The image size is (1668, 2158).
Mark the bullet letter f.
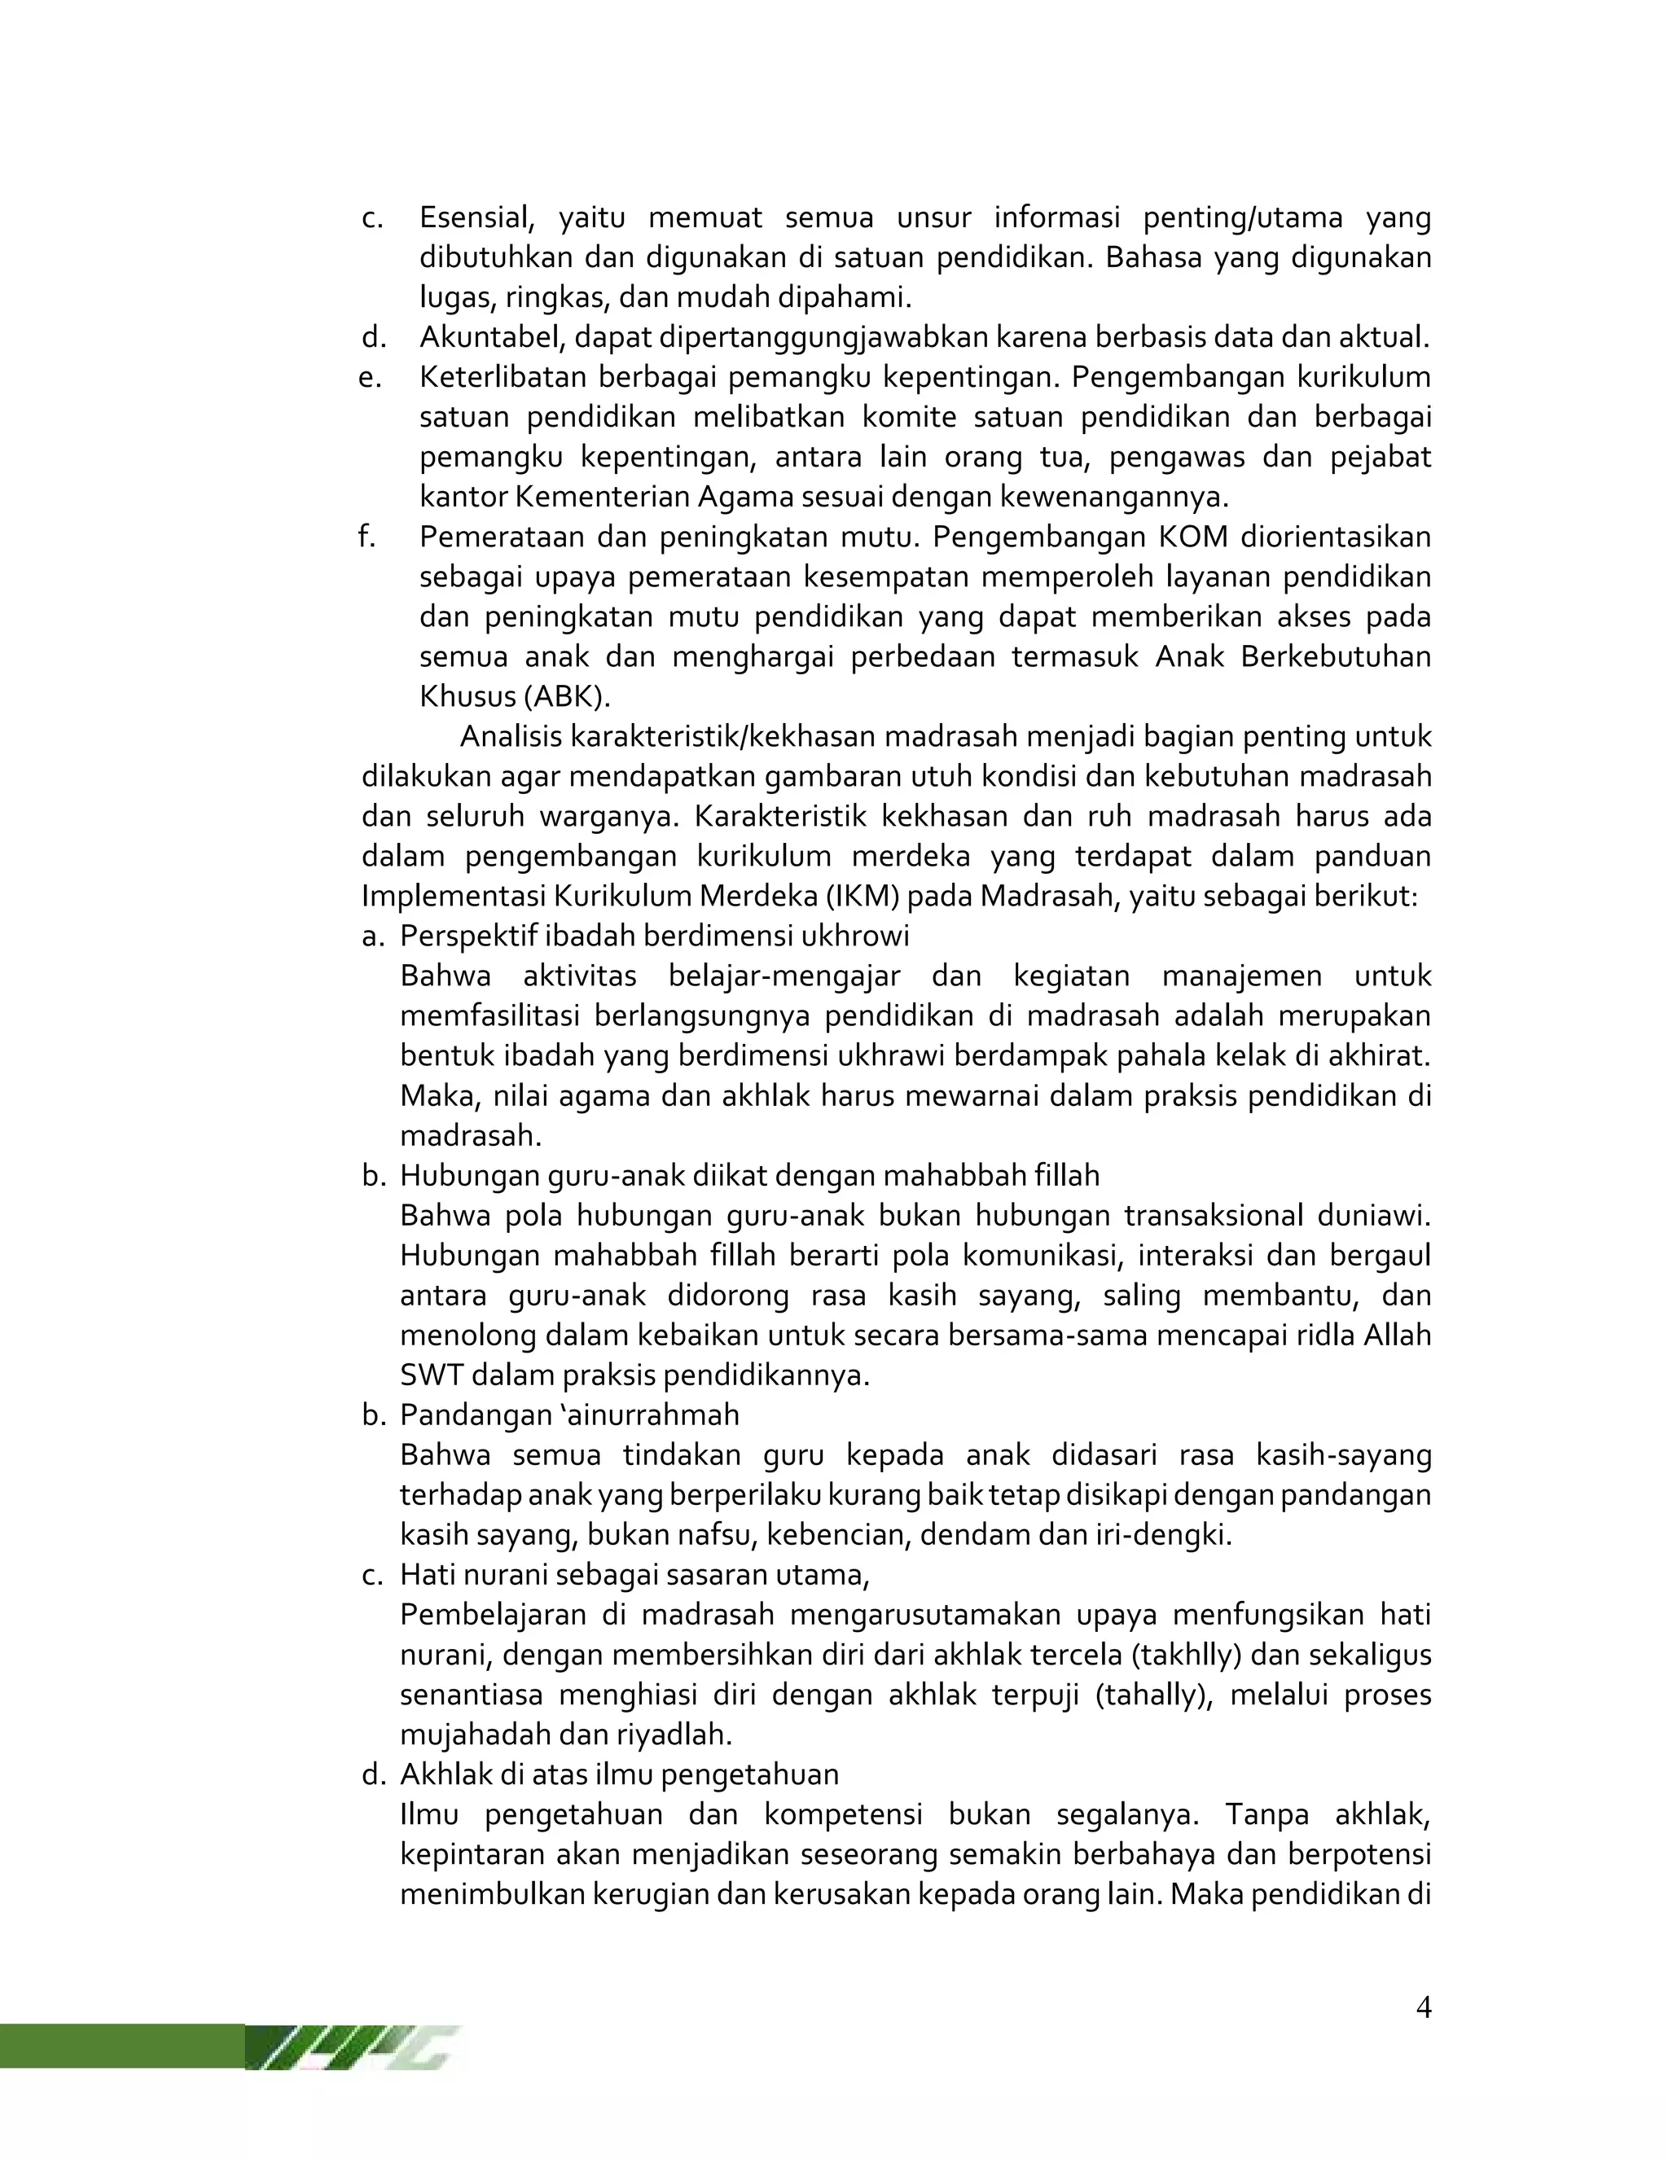click(367, 537)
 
